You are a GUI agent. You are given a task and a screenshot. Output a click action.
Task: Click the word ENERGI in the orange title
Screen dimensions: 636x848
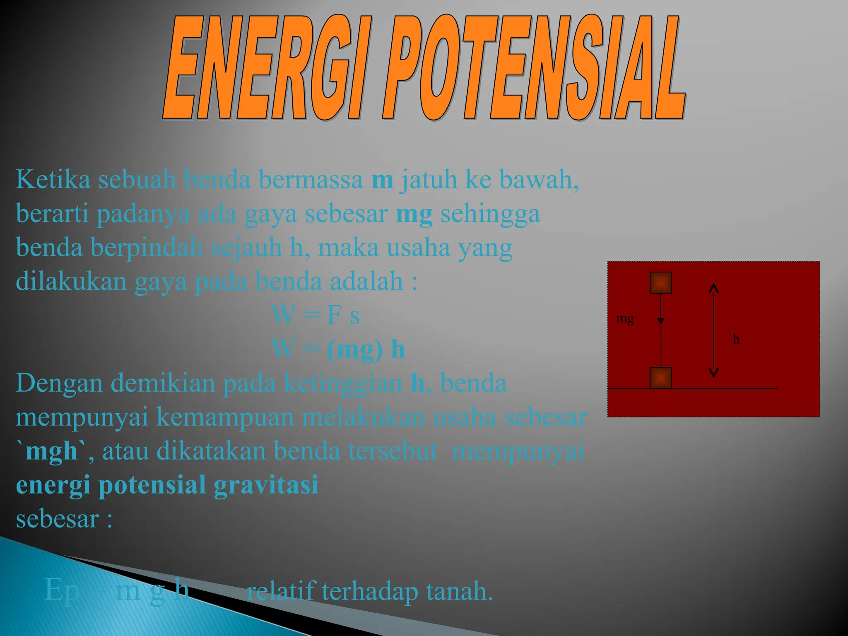pos(265,68)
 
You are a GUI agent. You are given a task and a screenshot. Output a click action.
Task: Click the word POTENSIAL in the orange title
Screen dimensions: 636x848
pos(534,68)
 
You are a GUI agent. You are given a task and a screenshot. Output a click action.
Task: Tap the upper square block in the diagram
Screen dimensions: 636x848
pos(660,283)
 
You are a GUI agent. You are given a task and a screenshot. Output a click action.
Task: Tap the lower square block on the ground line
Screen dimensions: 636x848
pos(660,378)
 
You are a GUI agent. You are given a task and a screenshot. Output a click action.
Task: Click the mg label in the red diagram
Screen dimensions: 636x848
pos(625,319)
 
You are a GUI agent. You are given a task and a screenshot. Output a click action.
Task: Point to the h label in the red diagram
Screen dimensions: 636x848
pos(736,340)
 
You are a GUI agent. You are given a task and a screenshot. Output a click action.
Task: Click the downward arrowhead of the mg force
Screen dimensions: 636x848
pos(661,321)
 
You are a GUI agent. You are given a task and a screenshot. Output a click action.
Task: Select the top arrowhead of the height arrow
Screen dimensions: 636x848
pos(713,288)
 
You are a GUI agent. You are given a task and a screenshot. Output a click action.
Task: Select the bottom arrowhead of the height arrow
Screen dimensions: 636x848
pos(713,372)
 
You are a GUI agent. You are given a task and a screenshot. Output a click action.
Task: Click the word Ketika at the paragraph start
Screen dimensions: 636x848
pos(53,180)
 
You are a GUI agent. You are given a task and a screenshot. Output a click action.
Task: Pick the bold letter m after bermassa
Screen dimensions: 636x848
pos(382,181)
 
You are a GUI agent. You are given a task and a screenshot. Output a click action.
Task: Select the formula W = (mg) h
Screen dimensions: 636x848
pos(338,349)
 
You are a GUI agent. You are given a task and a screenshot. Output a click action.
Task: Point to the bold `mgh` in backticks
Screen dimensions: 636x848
pos(52,451)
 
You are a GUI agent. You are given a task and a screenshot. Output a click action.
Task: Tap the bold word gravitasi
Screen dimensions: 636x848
pos(266,484)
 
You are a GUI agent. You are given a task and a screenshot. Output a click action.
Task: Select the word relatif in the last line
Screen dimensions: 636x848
pos(282,591)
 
